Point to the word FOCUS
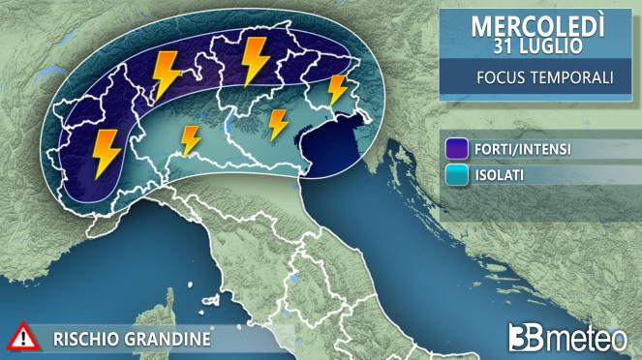tap(503, 79)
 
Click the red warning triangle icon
tap(21, 338)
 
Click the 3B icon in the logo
tap(527, 338)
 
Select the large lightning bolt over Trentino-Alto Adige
tap(256, 59)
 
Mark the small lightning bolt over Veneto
tap(278, 124)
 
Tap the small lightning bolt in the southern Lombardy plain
tap(190, 140)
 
